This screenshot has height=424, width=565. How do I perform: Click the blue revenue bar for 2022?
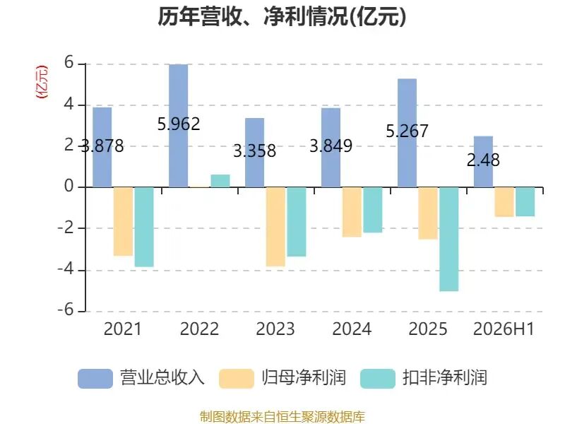pos(179,126)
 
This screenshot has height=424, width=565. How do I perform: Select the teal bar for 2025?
pos(449,239)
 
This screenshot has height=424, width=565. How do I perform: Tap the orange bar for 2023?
pos(275,227)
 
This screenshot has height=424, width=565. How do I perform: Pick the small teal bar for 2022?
pos(220,181)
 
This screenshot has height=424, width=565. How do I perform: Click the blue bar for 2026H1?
pos(483,162)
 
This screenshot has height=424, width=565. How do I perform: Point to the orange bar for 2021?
pos(123,221)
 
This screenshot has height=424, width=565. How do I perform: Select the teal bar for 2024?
pos(373,210)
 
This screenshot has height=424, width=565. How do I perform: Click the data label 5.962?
pos(179,124)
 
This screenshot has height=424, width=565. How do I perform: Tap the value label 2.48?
pos(483,160)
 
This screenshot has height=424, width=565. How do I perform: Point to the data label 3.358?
pos(255,151)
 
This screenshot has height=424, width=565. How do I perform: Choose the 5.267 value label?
pos(408,131)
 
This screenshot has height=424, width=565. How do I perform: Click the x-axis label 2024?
pos(352,329)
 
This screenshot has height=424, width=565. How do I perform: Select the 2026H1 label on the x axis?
pos(504,329)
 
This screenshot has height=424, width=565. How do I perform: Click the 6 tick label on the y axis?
pos(69,63)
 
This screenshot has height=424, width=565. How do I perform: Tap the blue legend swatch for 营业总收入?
pos(95,379)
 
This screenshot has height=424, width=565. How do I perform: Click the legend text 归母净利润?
pos(304,378)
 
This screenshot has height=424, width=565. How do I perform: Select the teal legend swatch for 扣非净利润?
pos(378,379)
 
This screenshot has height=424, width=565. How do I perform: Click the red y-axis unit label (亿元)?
pos(42,82)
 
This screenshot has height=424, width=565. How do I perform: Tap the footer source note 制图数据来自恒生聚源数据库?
pos(282,417)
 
